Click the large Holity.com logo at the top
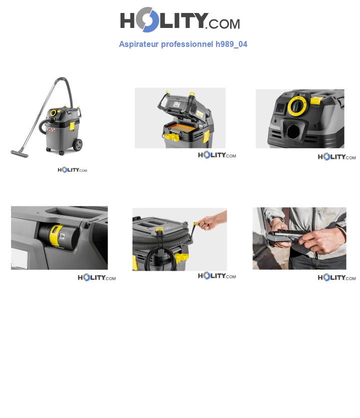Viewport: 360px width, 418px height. [x=180, y=20]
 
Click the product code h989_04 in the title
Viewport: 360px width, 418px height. [x=231, y=44]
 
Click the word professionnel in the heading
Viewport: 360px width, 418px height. [x=187, y=44]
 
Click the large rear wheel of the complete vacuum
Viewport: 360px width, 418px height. [x=77, y=144]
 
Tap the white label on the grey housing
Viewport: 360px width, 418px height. [x=19, y=259]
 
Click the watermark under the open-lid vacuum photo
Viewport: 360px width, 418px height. [x=216, y=155]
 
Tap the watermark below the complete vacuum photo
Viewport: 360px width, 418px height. [x=72, y=170]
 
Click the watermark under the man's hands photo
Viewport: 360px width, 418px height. [x=336, y=278]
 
